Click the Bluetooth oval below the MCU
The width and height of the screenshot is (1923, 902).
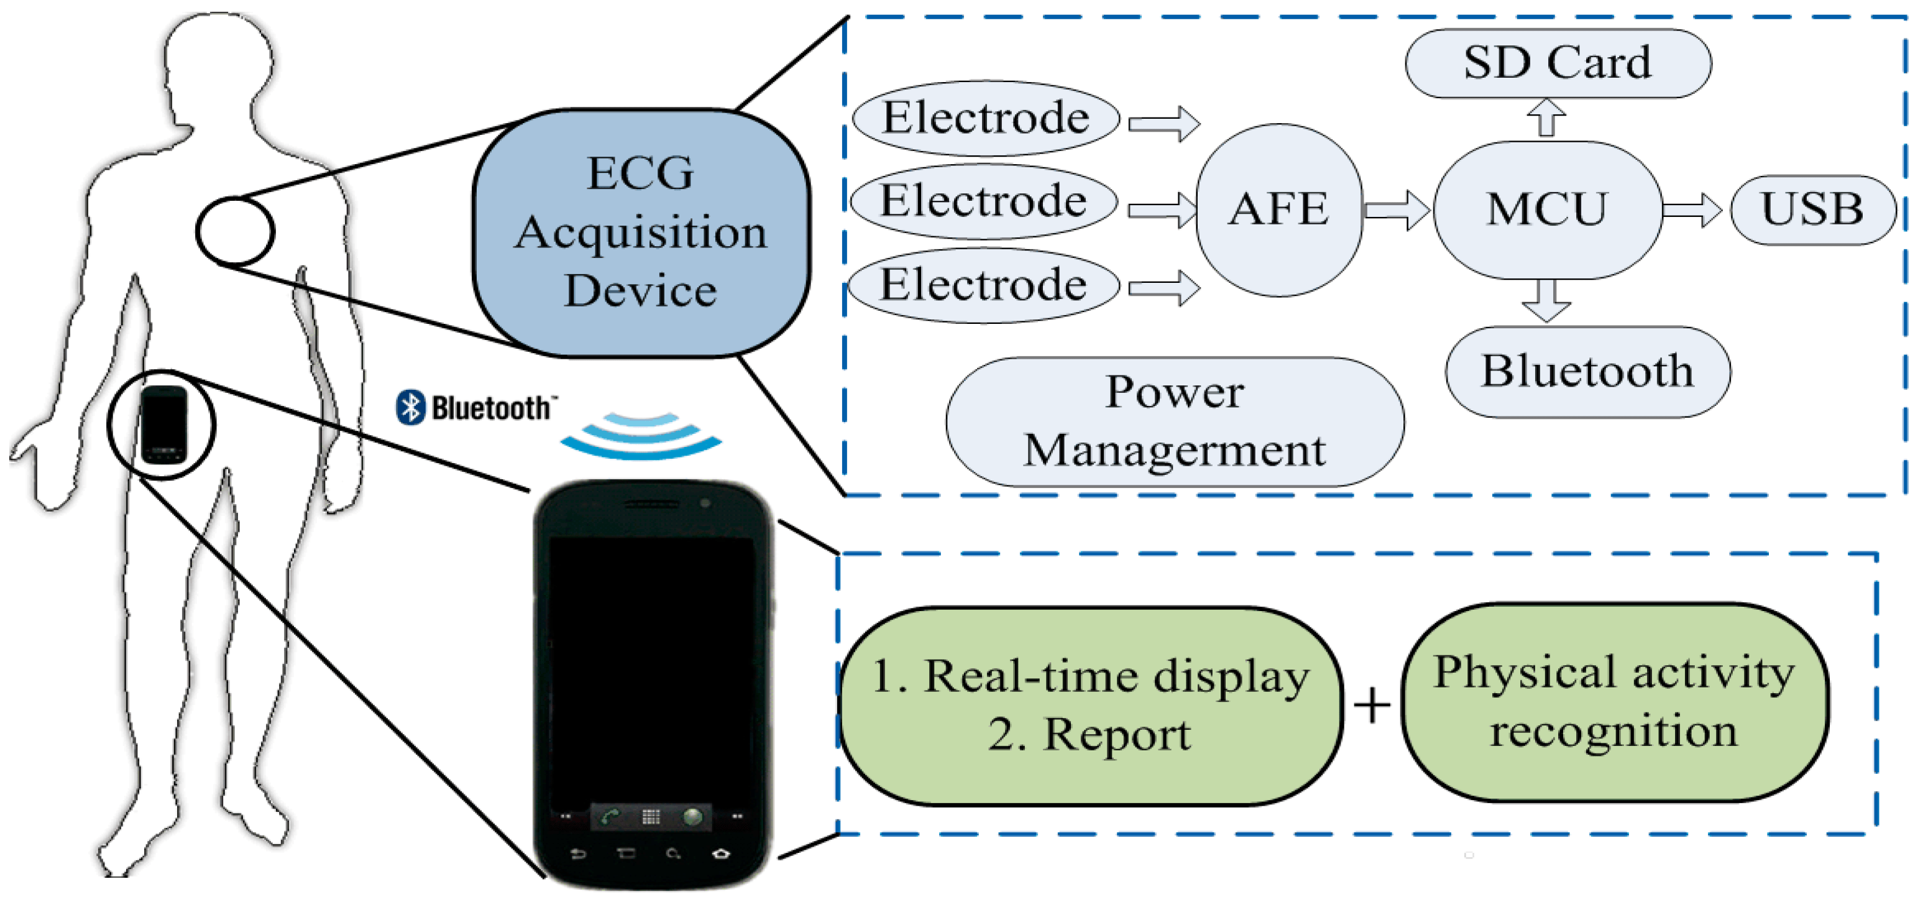click(x=1587, y=371)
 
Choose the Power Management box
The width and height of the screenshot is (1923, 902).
click(x=1174, y=422)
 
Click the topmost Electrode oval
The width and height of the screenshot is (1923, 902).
click(x=985, y=118)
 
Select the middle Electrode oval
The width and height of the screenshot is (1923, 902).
click(x=983, y=201)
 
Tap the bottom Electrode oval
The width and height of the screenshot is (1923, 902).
click(x=983, y=285)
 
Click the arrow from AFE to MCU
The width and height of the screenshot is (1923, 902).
click(x=1395, y=210)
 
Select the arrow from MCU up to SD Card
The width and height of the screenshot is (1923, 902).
click(x=1546, y=118)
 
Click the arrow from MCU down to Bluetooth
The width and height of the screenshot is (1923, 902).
click(x=1546, y=300)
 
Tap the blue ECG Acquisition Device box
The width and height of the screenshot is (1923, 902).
click(x=641, y=232)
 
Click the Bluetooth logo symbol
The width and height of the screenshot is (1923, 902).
click(x=410, y=408)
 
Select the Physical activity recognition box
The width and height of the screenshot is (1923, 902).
click(x=1614, y=702)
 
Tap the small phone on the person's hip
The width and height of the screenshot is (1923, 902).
click(x=163, y=424)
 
